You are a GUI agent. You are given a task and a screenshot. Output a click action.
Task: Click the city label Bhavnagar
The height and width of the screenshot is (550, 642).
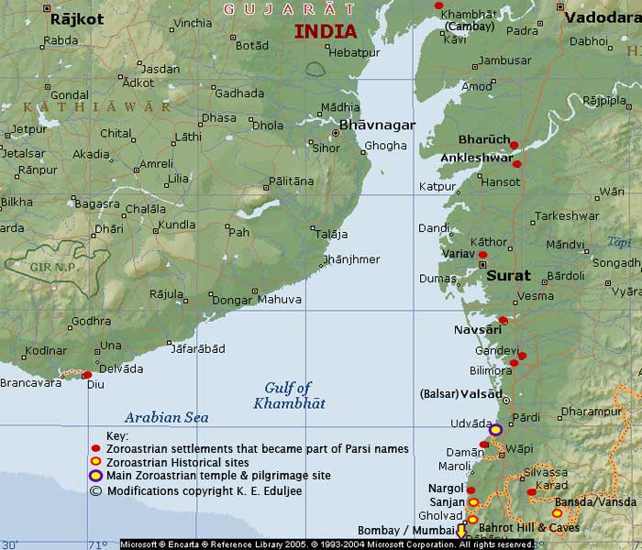pos(377,125)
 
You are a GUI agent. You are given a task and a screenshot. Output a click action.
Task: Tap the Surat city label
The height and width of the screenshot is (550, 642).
pos(508,275)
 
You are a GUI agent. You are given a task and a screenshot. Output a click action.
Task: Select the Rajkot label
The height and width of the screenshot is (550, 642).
pos(77,18)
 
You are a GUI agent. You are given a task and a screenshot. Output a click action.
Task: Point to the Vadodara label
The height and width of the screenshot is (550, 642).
pos(602,17)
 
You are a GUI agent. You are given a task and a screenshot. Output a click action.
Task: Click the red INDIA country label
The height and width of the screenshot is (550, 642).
pos(326,32)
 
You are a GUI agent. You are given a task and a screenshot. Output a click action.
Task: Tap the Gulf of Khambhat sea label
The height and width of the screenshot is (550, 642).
pos(289,395)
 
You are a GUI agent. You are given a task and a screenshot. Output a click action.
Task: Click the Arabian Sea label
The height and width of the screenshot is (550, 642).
pos(167,417)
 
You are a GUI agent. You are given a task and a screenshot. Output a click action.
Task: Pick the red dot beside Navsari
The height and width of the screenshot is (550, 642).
pos(503,321)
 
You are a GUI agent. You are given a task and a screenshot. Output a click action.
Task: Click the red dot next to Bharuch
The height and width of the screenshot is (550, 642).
pos(515,145)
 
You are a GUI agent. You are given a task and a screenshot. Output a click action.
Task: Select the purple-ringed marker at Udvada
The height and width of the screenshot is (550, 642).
pos(495,429)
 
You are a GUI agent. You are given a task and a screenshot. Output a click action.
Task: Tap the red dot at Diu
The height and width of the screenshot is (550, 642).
pos(87,375)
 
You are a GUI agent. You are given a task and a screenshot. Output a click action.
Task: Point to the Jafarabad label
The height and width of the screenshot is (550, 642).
pos(199,349)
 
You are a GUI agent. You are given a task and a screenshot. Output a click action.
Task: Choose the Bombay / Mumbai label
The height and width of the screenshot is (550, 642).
pos(415,532)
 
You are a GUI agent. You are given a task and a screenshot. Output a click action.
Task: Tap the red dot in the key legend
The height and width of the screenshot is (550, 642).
pos(95,449)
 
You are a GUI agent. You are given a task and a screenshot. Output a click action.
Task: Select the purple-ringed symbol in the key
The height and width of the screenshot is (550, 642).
pos(95,476)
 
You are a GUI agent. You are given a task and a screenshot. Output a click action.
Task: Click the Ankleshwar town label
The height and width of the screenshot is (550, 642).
pos(477,158)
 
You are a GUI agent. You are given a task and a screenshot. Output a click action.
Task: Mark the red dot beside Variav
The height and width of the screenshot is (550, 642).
pos(483,254)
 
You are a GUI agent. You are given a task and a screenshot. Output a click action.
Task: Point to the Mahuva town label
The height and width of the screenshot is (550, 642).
pos(279,299)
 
